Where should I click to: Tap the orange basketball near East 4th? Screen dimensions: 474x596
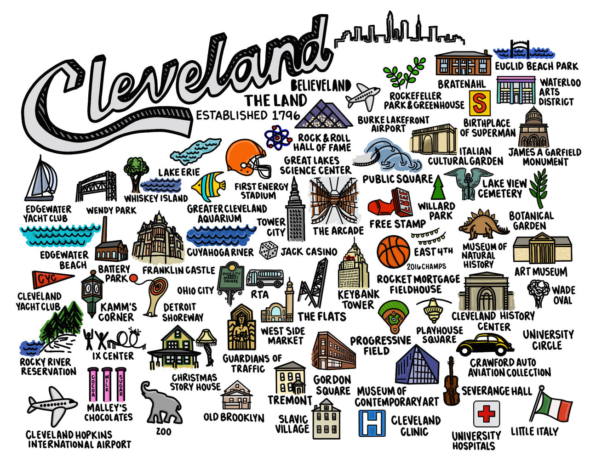(x=393, y=252)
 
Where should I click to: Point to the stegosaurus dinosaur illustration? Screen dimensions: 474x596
(x=483, y=225)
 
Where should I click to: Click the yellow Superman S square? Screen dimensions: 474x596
(x=480, y=103)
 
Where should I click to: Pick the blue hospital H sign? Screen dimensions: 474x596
(x=372, y=423)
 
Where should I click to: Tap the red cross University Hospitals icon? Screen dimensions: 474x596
(x=486, y=414)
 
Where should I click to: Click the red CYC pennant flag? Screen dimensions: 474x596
(x=51, y=279)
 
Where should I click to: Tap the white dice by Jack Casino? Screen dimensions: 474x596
(x=269, y=250)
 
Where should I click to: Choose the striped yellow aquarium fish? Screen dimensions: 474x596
(x=208, y=186)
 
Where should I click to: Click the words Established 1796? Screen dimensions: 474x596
(x=248, y=115)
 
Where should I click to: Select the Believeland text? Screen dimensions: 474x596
(x=321, y=85)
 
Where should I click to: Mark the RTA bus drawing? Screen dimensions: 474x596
(x=264, y=278)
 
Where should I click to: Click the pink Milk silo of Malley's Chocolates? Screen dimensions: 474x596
(x=107, y=385)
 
